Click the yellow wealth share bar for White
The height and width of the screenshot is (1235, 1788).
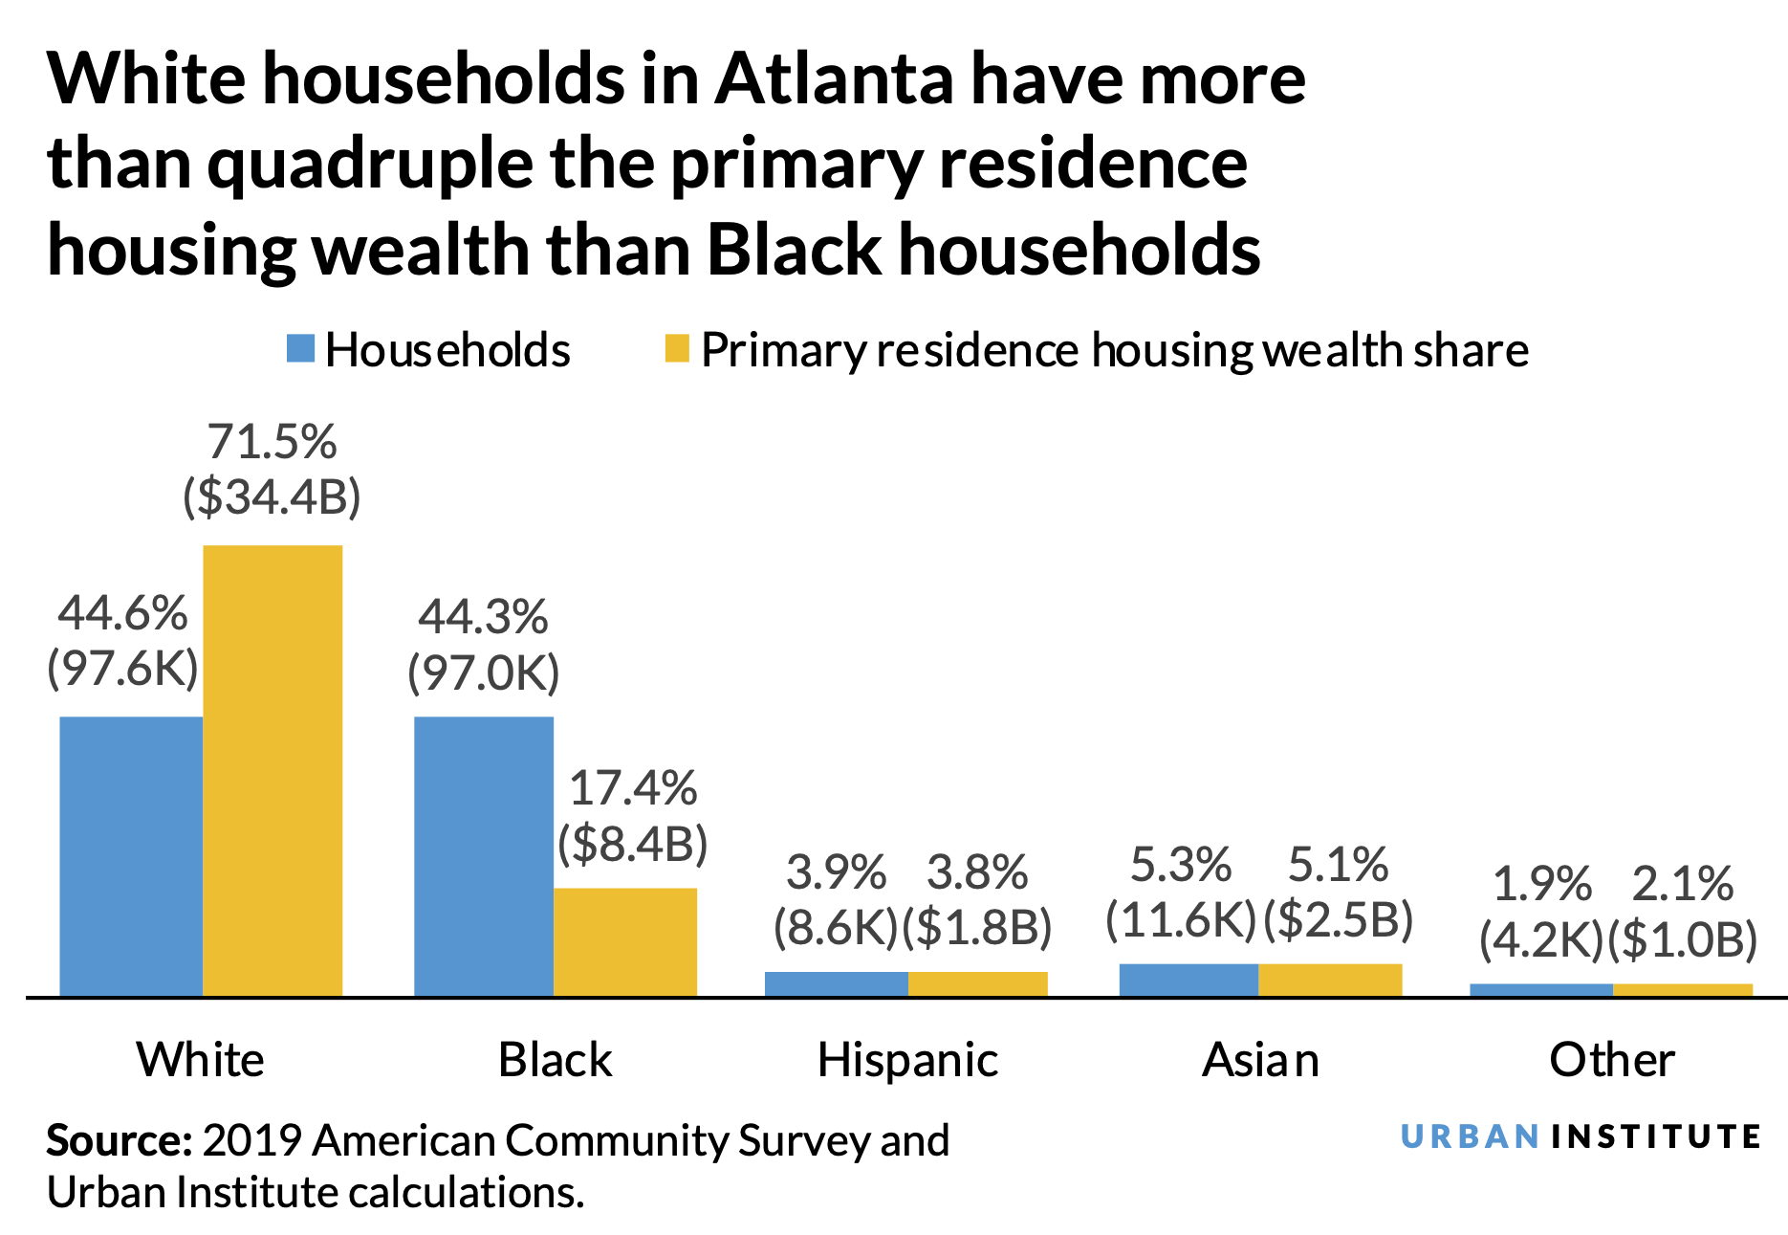tap(273, 770)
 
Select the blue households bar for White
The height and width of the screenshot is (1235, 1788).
tap(131, 856)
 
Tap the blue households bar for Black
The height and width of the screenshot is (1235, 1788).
tap(484, 856)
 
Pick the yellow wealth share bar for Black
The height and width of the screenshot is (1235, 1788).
tap(625, 942)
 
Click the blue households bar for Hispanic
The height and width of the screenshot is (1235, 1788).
tap(836, 984)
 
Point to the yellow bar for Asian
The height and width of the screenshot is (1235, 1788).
tap(1330, 981)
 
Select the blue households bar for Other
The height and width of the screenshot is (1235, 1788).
tap(1541, 990)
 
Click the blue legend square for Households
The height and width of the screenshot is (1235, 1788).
tap(300, 349)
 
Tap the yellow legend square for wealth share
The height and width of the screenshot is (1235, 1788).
tap(676, 349)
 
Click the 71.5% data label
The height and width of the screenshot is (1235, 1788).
tap(273, 443)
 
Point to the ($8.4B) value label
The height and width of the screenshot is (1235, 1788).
tap(633, 844)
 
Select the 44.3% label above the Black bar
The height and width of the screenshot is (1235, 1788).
tap(484, 617)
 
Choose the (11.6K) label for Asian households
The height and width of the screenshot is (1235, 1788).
tap(1181, 920)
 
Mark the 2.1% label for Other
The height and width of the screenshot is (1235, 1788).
tap(1682, 884)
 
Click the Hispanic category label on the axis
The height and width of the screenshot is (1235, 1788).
tap(907, 1060)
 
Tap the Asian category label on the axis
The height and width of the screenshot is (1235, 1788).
tap(1260, 1060)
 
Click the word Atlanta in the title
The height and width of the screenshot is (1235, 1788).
tap(834, 78)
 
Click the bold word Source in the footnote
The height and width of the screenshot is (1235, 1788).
tap(119, 1140)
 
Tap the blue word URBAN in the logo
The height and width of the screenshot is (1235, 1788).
tap(1470, 1136)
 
